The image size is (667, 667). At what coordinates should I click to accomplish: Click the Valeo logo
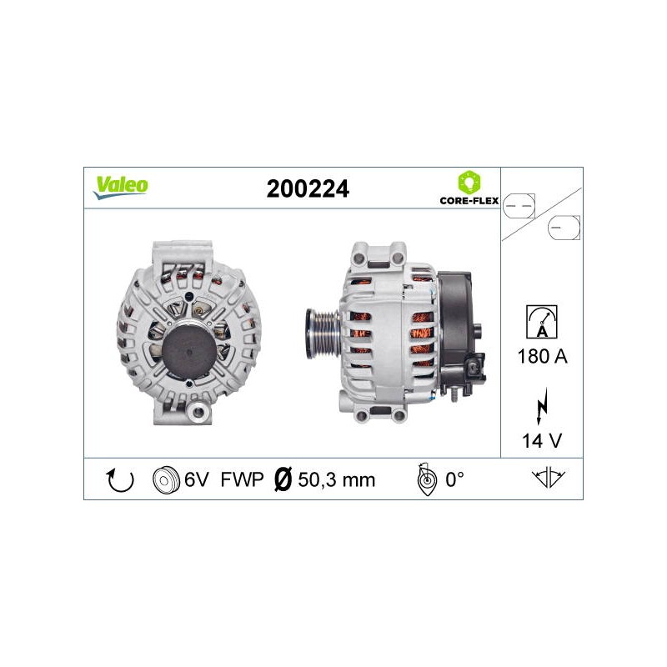pyautogui.click(x=121, y=187)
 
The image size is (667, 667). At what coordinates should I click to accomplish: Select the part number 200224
pyautogui.click(x=308, y=188)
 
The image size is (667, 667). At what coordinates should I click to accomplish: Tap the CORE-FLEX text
pyautogui.click(x=469, y=200)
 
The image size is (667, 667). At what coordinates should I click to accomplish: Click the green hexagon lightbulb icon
pyautogui.click(x=469, y=183)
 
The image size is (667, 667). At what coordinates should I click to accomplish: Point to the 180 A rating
pyautogui.click(x=543, y=356)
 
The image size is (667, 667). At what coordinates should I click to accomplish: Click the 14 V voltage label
pyautogui.click(x=542, y=441)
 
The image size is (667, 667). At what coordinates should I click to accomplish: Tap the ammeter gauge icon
pyautogui.click(x=541, y=322)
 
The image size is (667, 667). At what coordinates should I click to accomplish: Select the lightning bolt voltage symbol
pyautogui.click(x=542, y=406)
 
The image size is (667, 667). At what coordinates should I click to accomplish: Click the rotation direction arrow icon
pyautogui.click(x=119, y=481)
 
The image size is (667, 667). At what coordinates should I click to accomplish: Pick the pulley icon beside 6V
pyautogui.click(x=166, y=480)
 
